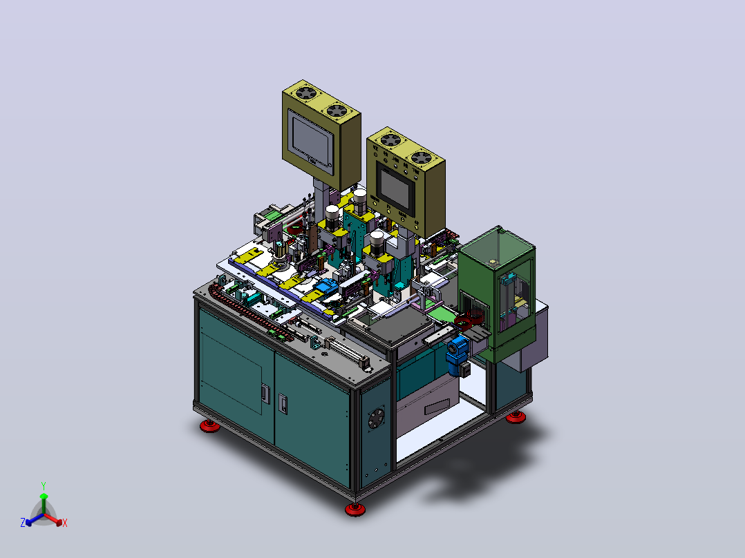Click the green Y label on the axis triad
pyautogui.click(x=44, y=485)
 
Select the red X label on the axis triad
pyautogui.click(x=65, y=523)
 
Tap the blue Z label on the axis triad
pyautogui.click(x=22, y=523)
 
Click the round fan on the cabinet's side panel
pyautogui.click(x=376, y=418)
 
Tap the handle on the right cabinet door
pyautogui.click(x=282, y=404)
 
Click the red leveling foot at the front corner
pyautogui.click(x=355, y=510)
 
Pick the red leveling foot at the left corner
pyautogui.click(x=209, y=425)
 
